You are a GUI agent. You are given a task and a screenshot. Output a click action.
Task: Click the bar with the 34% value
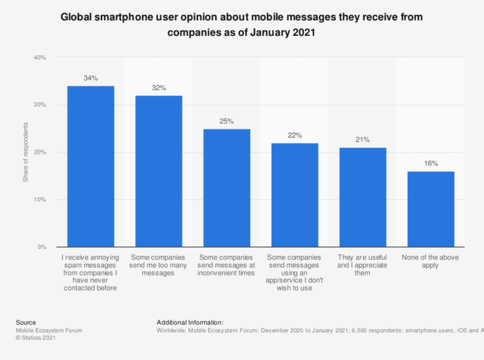[91, 166]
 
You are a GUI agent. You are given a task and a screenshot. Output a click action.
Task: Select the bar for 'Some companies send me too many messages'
[159, 171]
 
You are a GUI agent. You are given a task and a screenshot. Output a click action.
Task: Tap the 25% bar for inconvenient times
[227, 188]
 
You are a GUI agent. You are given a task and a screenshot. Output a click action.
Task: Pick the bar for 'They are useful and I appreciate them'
[362, 197]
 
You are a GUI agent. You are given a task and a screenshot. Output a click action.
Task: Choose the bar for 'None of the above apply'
[430, 209]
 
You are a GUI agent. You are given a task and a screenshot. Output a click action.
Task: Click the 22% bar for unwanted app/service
[295, 195]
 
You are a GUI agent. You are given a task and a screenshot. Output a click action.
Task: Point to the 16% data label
[430, 163]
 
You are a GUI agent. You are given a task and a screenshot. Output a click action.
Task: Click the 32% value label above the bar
[159, 88]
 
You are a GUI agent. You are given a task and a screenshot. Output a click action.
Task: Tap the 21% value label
[362, 139]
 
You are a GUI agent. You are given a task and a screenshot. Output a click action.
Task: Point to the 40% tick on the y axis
[40, 58]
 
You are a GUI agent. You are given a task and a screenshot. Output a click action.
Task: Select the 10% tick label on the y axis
[40, 200]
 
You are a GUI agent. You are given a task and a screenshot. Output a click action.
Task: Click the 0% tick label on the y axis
[42, 247]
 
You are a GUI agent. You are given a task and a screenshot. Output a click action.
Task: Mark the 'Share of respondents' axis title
[26, 153]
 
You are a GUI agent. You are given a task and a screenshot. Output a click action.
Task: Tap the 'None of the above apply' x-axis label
[430, 262]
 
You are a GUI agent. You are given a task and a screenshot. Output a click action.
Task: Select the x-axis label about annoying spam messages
[91, 273]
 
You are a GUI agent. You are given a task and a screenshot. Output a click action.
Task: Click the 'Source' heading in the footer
[26, 322]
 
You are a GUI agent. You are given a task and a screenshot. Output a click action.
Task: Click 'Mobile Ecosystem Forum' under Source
[49, 330]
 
